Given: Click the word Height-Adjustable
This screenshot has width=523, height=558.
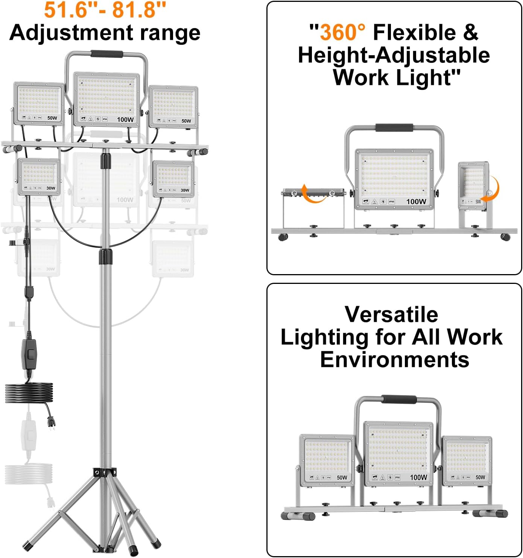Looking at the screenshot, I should click(x=394, y=55).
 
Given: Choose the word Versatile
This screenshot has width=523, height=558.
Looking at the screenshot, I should click(x=391, y=314).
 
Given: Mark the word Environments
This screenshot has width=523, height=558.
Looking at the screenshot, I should click(x=394, y=359).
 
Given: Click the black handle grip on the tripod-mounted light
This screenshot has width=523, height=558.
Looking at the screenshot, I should click(x=107, y=54).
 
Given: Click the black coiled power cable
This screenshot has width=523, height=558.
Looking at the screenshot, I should click(x=29, y=393).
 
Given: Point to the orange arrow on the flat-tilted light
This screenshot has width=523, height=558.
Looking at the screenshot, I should click(x=314, y=194).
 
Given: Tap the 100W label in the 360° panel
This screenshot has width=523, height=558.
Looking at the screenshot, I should click(x=416, y=202).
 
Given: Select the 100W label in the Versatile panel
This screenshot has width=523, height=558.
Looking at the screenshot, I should click(x=418, y=477).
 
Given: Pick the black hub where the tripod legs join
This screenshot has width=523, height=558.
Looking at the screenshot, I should click(x=105, y=473).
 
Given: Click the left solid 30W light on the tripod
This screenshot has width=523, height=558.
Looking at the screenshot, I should click(x=39, y=177).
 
